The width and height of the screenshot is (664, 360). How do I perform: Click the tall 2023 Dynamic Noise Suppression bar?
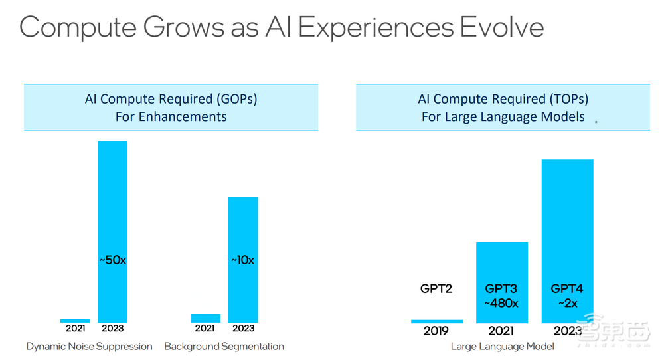[x=112, y=199]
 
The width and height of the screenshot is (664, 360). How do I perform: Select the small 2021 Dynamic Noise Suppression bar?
[x=75, y=321]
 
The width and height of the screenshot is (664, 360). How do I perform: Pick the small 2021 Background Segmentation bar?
[x=206, y=318]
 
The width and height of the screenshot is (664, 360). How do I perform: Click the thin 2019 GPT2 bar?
[x=437, y=321]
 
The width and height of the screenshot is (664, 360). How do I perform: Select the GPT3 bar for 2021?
[x=502, y=266]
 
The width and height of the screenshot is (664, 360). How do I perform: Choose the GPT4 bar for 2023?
[x=568, y=219]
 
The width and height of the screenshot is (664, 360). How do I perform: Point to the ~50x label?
[x=112, y=260]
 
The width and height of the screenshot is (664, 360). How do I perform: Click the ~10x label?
[x=243, y=260]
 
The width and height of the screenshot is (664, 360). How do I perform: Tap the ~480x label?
[x=502, y=303]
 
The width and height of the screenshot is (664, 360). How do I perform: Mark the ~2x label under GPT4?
[x=568, y=303]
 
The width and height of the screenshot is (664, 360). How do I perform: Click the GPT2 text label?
[x=437, y=289]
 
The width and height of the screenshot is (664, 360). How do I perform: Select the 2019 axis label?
[x=437, y=331]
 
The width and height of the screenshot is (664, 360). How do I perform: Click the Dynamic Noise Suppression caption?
[x=90, y=346]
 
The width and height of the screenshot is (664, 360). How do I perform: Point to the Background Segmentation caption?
[x=224, y=346]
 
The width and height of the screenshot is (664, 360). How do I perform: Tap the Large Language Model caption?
[x=503, y=346]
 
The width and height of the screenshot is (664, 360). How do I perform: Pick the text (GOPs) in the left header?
[x=236, y=100]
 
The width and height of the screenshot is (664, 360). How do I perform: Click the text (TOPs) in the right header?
[x=568, y=100]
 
